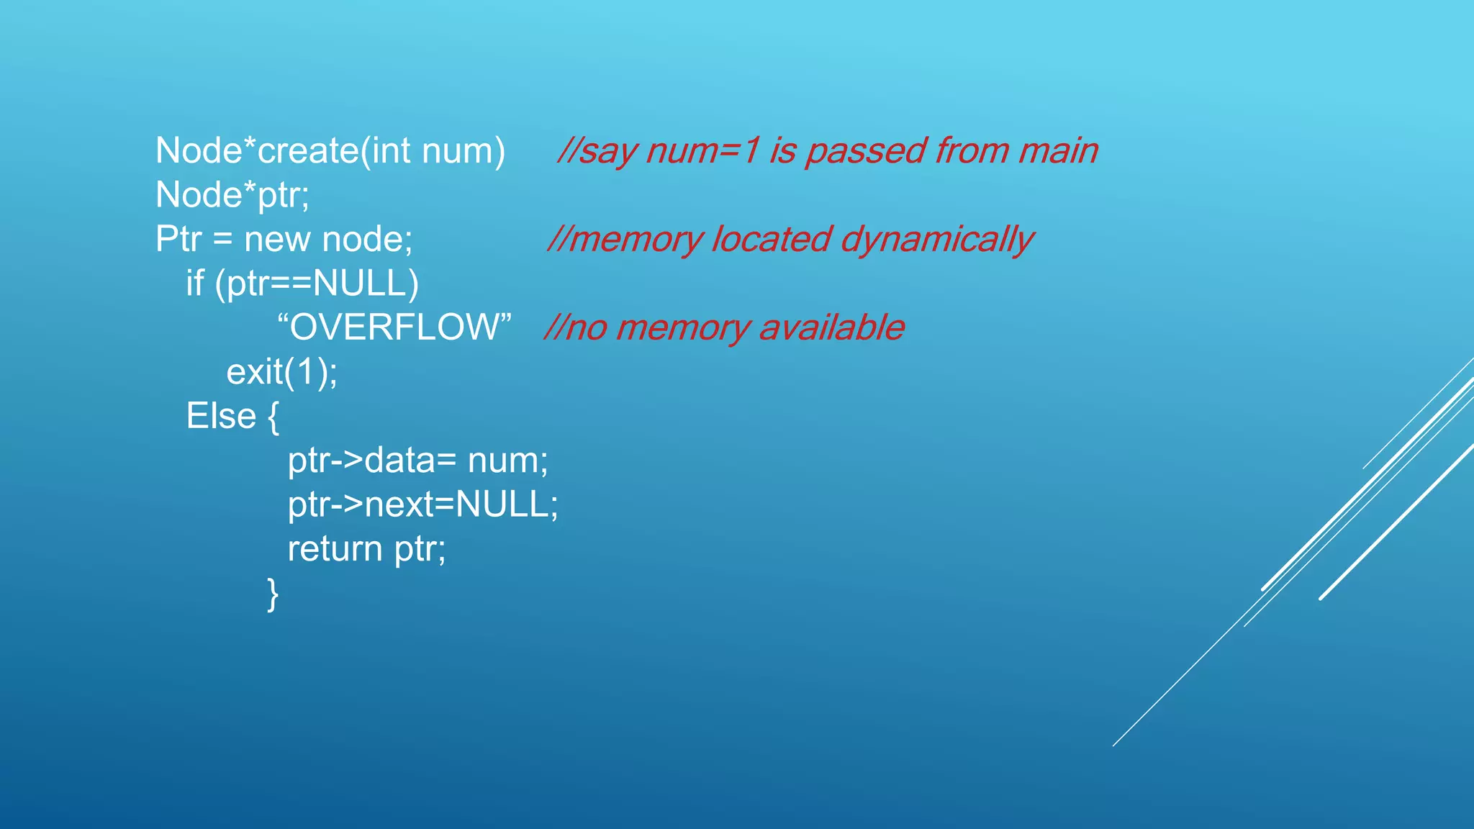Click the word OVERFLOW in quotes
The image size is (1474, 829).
pos(394,327)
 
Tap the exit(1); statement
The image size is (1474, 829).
pos(281,372)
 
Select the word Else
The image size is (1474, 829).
pos(221,416)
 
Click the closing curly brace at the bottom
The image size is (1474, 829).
pos(272,594)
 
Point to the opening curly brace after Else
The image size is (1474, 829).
pos(273,417)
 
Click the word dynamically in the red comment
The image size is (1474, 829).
pos(936,240)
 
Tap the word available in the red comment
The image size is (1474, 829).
pos(831,327)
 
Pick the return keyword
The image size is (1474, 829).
pos(335,549)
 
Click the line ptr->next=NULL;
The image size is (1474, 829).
pos(422,504)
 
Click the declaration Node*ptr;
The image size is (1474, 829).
pos(232,195)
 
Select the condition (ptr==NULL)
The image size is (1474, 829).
pos(317,284)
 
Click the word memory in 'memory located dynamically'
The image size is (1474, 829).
pos(634,240)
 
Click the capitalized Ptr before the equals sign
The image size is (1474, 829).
pos(178,239)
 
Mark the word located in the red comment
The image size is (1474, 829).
pos(771,240)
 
